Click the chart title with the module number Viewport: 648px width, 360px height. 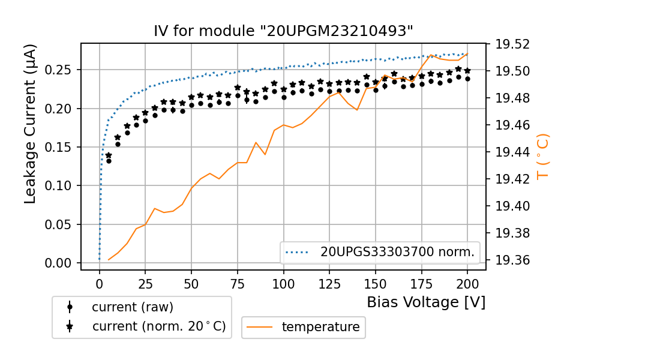[x=283, y=31]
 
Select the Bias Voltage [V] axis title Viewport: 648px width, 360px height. [x=426, y=302]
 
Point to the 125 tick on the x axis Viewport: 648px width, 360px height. [x=329, y=283]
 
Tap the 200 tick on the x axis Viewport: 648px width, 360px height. [x=467, y=283]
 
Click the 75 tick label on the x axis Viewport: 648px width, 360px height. [x=238, y=283]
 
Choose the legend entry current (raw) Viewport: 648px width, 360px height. [x=132, y=307]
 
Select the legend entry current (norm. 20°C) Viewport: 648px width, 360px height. [x=158, y=327]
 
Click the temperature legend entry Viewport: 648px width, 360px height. [x=320, y=327]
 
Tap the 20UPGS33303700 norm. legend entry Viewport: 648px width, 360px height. [x=397, y=253]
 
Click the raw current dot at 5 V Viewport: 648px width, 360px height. [x=109, y=161]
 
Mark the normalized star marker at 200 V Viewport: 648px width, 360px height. [x=467, y=70]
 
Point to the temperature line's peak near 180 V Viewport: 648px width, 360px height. [x=431, y=55]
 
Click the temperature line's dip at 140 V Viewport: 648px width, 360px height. [x=357, y=110]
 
